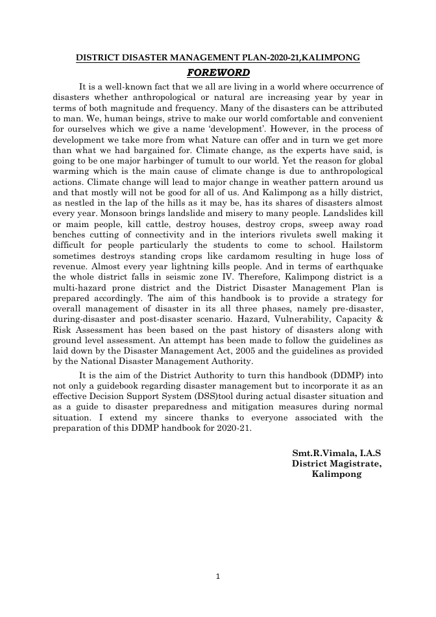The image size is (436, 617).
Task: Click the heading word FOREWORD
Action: coord(217,71)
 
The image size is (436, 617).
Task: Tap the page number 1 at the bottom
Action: coord(218,575)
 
